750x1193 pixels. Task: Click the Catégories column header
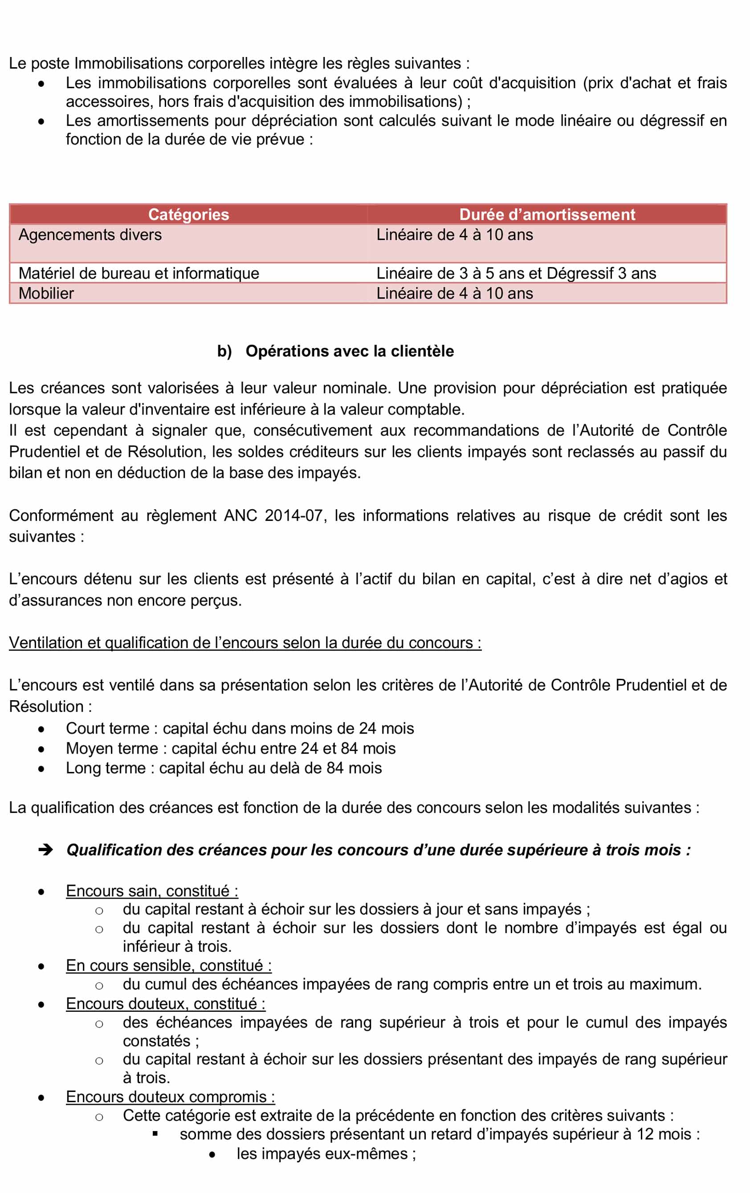(x=188, y=215)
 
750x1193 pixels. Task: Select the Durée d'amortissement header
(x=547, y=215)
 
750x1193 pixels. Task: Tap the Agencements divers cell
(x=90, y=235)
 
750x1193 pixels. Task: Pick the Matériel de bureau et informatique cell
(x=139, y=273)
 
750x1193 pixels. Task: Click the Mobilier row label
(x=46, y=293)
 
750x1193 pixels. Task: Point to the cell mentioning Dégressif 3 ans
(x=516, y=273)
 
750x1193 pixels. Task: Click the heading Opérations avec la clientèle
(x=350, y=351)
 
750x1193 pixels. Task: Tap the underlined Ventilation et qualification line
(x=245, y=643)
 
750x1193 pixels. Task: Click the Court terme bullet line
(x=240, y=728)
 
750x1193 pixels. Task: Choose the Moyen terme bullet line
(x=231, y=748)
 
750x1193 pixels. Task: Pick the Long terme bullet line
(x=224, y=768)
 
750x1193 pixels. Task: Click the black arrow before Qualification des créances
(x=45, y=850)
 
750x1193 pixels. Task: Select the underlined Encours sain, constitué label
(x=152, y=891)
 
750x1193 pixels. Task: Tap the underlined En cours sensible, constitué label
(x=168, y=966)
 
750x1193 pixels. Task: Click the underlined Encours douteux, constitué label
(x=166, y=1004)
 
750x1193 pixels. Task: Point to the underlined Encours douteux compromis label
(x=170, y=1097)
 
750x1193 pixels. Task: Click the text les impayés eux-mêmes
(x=326, y=1154)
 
